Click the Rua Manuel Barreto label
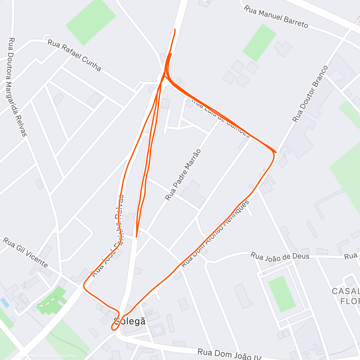(276, 17)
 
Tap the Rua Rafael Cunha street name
(74, 56)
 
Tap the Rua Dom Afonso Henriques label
(215, 234)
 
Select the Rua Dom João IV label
(229, 354)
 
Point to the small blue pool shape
(5, 302)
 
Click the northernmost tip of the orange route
(175, 29)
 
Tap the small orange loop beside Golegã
(115, 324)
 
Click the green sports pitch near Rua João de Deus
(281, 294)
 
